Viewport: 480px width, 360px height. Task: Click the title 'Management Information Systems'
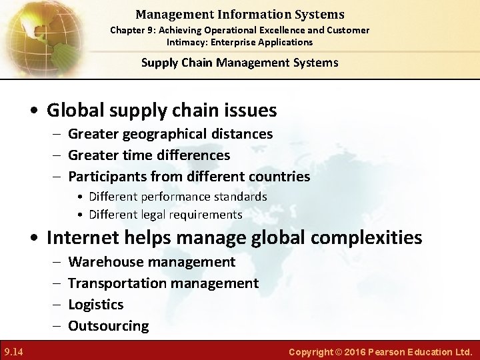click(x=239, y=14)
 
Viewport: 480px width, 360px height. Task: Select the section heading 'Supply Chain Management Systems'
click(x=239, y=63)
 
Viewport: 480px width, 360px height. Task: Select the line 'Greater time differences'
click(x=149, y=155)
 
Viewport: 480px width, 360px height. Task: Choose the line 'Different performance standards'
click(x=177, y=197)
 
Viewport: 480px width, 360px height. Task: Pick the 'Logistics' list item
click(x=96, y=305)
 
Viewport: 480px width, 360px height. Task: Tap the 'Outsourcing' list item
click(x=109, y=326)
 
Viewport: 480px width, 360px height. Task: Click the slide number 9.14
click(x=13, y=351)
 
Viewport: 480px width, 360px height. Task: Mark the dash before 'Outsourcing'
click(x=55, y=326)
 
